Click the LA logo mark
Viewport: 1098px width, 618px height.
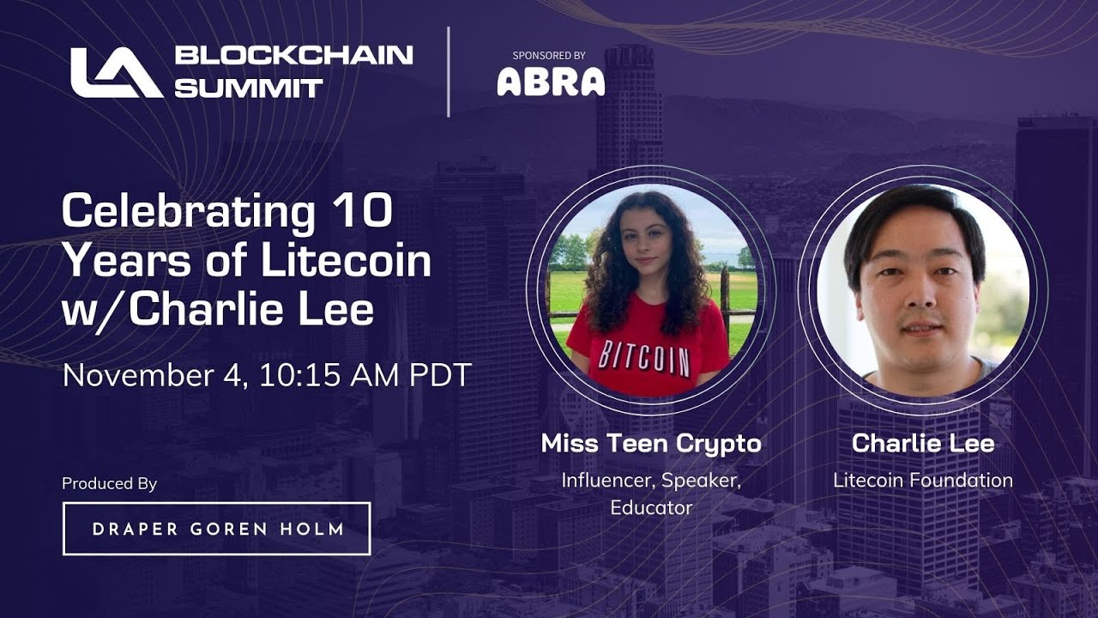coord(116,72)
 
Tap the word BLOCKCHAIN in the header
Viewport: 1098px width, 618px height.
coord(293,56)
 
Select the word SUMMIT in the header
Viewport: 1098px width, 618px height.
coord(249,88)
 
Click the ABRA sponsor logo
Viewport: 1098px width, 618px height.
coord(551,82)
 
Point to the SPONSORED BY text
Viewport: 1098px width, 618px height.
coord(549,55)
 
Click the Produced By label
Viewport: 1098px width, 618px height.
coord(109,483)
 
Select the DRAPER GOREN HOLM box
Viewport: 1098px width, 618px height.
coord(217,529)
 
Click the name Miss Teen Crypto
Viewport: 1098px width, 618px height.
coord(651,443)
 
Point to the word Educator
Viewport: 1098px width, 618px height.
coord(651,507)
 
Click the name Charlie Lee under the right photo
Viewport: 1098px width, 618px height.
coord(923,443)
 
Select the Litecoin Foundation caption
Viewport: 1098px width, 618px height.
coord(923,480)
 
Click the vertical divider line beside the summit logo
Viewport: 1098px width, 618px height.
coord(449,71)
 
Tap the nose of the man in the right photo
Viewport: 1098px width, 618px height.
coord(914,302)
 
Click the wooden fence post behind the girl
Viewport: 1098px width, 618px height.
coord(724,296)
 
